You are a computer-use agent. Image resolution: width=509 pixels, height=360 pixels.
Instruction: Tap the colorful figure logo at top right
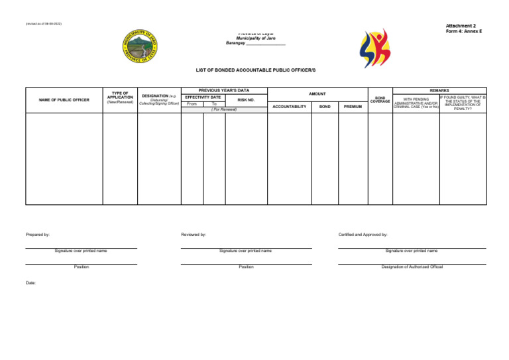[374, 48]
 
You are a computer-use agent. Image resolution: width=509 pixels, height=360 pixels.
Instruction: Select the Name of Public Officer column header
[64, 100]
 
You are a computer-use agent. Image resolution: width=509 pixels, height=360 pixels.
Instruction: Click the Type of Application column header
[120, 97]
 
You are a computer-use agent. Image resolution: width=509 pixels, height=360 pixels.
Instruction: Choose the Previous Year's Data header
[224, 90]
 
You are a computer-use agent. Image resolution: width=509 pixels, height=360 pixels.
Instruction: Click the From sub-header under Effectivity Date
[192, 104]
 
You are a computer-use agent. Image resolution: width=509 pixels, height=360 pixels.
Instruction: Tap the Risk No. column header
[246, 100]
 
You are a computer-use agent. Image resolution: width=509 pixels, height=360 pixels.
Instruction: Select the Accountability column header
[290, 106]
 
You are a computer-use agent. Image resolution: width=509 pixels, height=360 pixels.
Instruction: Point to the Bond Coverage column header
[380, 99]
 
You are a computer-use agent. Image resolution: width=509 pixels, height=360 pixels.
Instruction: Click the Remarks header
[439, 90]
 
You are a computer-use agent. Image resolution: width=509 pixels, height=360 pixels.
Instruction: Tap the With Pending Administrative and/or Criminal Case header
[416, 103]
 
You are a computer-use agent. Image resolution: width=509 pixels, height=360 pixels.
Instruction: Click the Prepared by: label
[38, 234]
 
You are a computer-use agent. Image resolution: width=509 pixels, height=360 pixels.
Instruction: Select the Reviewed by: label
[193, 234]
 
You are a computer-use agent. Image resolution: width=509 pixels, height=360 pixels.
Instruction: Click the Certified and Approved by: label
[363, 234]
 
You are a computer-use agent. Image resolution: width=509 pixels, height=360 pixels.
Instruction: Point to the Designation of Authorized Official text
[412, 267]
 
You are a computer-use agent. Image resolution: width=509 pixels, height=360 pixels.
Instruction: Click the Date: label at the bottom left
[30, 282]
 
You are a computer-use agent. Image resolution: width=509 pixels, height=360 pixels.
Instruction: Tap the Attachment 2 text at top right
[461, 26]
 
